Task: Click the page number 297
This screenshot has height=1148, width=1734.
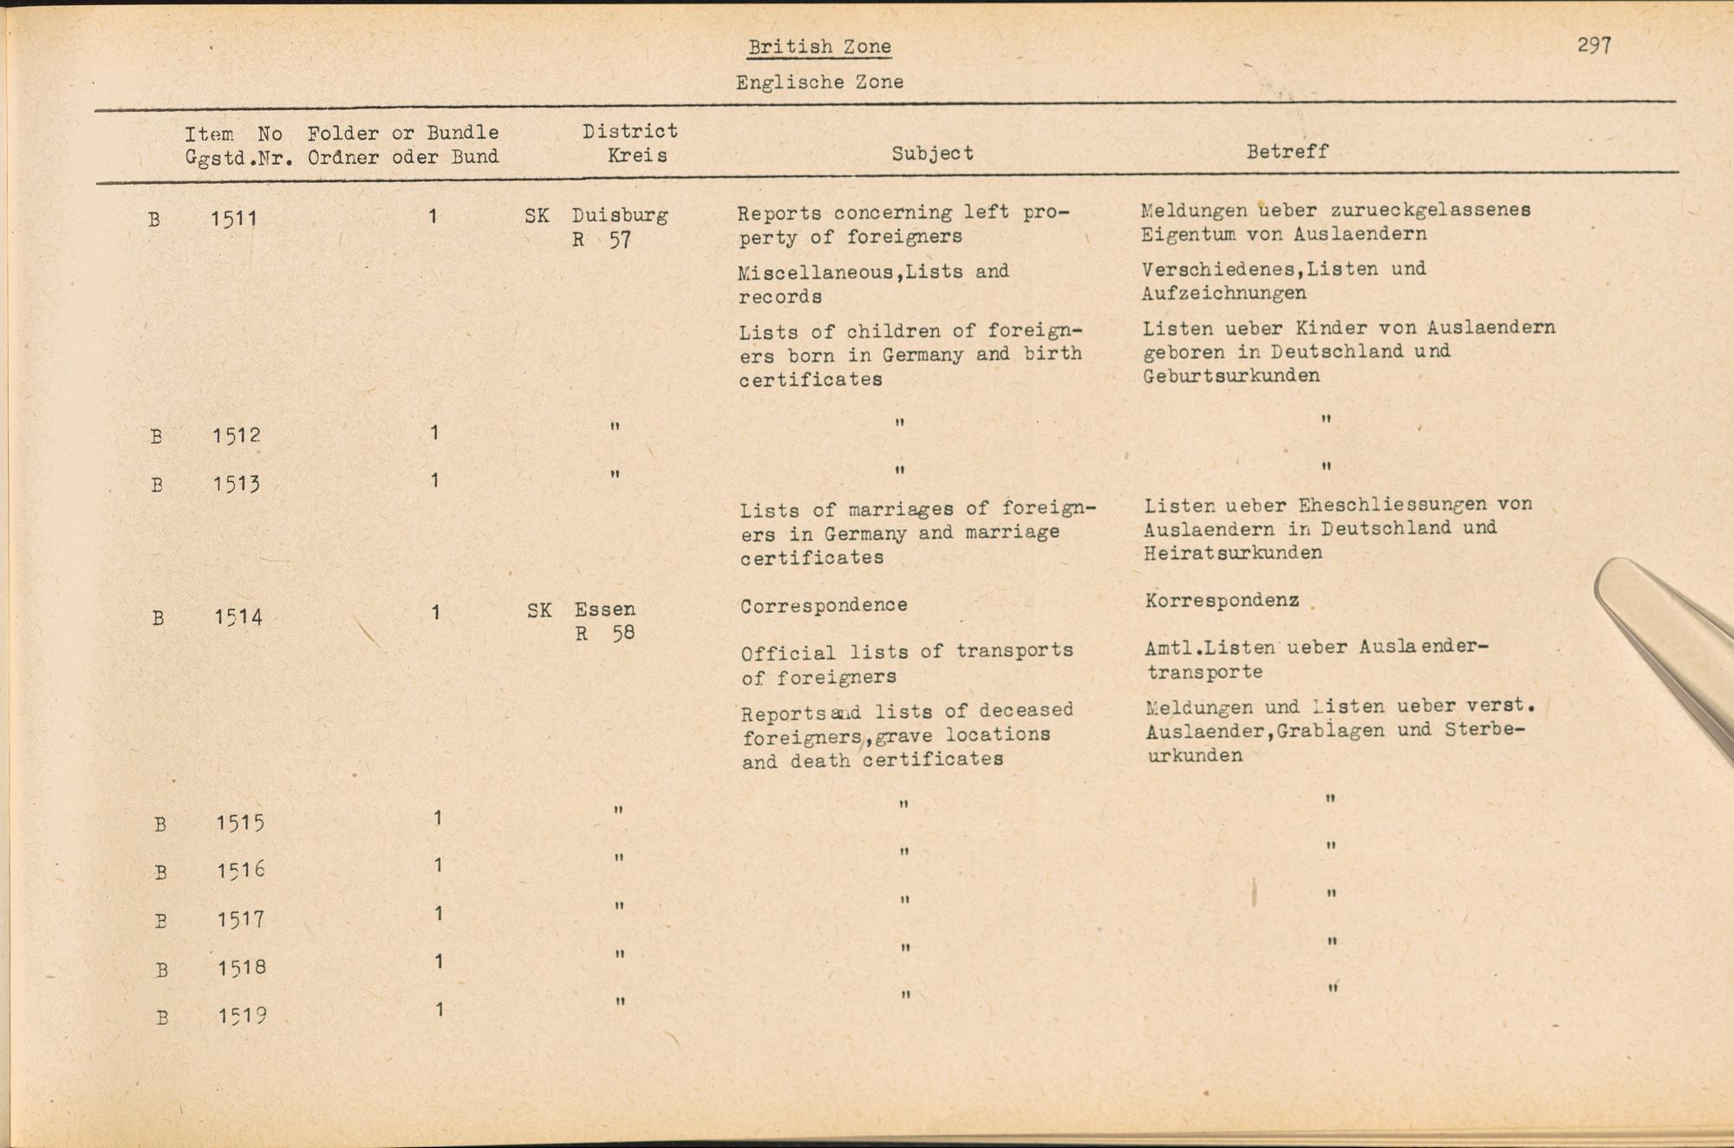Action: [1594, 45]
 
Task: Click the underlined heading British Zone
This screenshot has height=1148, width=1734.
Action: [819, 47]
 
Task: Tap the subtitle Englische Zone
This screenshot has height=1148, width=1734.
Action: [819, 82]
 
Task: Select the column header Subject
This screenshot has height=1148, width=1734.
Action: [932, 153]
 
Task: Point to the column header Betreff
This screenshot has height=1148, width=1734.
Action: [1287, 152]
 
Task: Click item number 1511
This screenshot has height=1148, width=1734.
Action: [234, 219]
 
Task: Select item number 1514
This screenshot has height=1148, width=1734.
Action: [238, 617]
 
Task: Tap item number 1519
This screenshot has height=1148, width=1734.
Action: [242, 1015]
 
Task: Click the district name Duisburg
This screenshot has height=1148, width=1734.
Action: [619, 215]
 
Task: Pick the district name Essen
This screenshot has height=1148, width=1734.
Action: [604, 610]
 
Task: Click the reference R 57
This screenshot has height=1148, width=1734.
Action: [601, 240]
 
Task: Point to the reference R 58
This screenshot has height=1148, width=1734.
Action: [604, 634]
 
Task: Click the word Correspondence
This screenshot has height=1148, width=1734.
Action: [824, 605]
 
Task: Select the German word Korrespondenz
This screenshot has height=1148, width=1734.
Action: [1222, 600]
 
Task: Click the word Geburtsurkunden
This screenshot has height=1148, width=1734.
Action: [1231, 376]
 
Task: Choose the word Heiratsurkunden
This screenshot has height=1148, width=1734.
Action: [1232, 553]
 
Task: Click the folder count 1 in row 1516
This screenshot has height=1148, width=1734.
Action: [438, 865]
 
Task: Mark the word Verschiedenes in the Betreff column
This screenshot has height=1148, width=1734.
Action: [1219, 270]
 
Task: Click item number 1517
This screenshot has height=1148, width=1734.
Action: [240, 918]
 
